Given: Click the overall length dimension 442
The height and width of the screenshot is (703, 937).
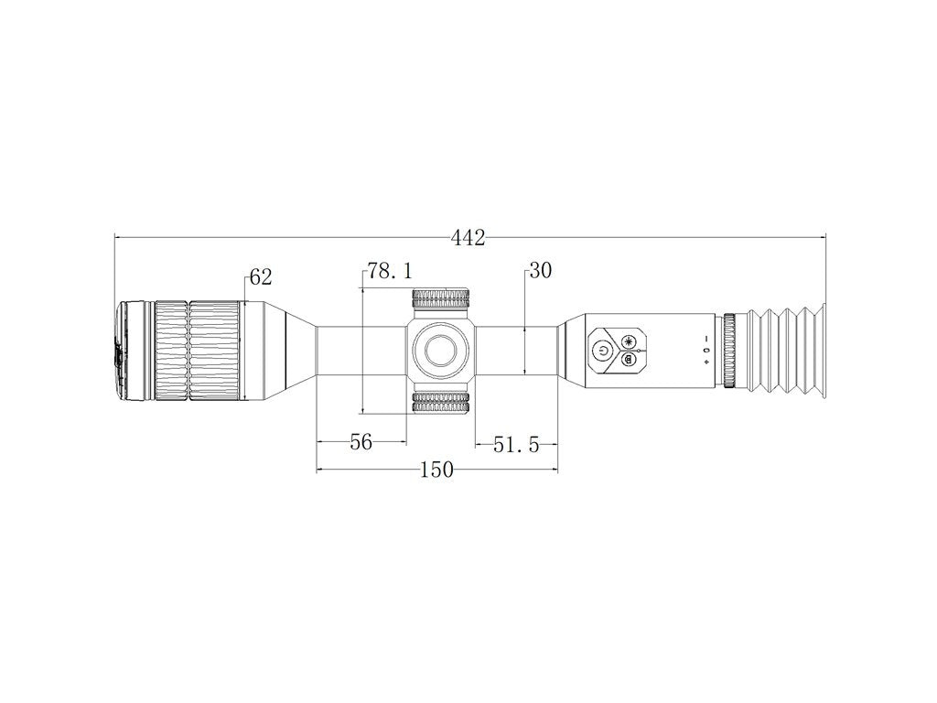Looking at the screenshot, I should coord(468,238).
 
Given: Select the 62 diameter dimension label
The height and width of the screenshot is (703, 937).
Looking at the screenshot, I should coord(261,277).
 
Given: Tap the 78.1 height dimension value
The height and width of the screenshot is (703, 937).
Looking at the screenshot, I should coord(390,271).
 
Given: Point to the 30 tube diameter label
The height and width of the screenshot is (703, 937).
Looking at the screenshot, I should coord(541,271).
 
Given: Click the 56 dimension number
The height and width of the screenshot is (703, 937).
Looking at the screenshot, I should coord(361,442).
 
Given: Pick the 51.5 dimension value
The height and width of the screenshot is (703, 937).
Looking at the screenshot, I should coord(514,444).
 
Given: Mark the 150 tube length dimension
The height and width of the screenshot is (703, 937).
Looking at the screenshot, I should coord(436,470).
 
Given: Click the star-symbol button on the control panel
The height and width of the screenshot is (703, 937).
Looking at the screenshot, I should coord(630,340).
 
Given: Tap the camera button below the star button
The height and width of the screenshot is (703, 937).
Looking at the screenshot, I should coord(629,360).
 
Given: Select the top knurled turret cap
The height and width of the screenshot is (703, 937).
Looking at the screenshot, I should coord(441,300).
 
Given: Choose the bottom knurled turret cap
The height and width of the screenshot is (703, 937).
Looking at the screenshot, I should coord(441,403).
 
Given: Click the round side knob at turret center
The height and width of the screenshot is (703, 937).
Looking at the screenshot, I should coord(441,351).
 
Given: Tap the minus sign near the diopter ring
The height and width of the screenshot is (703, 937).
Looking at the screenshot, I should coord(706,339).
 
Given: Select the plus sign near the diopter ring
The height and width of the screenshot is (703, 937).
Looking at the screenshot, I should coord(706,362).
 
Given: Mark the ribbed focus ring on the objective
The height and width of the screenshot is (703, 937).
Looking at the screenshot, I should coord(197,351).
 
